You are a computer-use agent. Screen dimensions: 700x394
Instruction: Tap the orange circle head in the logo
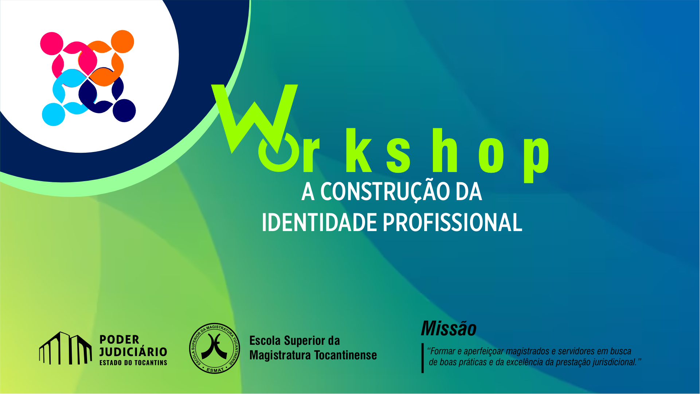pyautogui.click(x=122, y=42)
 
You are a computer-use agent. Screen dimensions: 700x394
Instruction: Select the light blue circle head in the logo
pyautogui.click(x=54, y=114)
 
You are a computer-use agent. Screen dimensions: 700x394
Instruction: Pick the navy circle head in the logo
pyautogui.click(x=124, y=110)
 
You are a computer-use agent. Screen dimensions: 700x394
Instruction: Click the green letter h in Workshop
pyautogui.click(x=444, y=150)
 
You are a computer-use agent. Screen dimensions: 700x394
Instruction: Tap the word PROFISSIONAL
pyautogui.click(x=453, y=222)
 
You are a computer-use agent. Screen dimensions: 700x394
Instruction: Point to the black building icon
pyautogui.click(x=66, y=348)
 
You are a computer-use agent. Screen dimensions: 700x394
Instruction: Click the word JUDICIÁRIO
pyautogui.click(x=133, y=352)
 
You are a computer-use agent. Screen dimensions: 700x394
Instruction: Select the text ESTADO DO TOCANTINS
pyautogui.click(x=133, y=363)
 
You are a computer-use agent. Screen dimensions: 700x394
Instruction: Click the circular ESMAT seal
pyautogui.click(x=215, y=348)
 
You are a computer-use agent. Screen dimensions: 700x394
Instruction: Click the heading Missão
pyautogui.click(x=449, y=329)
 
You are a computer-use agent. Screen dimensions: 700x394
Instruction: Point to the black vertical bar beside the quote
pyautogui.click(x=423, y=358)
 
